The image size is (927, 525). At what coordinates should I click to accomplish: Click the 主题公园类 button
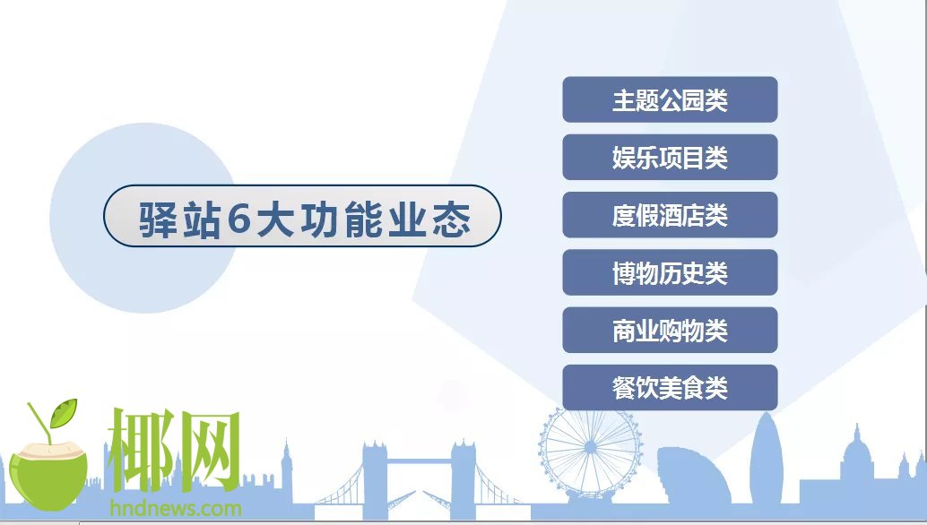[670, 99]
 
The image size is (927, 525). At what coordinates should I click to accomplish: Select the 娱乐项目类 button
[670, 157]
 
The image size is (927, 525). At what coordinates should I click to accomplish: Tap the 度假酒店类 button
[670, 215]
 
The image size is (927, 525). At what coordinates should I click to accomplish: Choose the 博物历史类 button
[670, 272]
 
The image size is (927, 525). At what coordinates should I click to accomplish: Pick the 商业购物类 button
[670, 330]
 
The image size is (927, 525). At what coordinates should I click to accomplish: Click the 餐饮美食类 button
[670, 387]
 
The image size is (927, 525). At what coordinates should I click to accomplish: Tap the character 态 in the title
[451, 219]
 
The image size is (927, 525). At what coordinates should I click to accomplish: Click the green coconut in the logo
[48, 476]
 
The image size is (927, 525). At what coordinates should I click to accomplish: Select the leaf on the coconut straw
[64, 412]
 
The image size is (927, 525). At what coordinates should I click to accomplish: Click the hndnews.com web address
[176, 509]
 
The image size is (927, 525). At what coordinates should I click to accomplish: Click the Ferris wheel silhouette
[590, 452]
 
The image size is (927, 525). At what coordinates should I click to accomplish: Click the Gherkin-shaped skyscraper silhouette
[767, 459]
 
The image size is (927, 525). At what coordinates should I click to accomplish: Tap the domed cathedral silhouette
[857, 461]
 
